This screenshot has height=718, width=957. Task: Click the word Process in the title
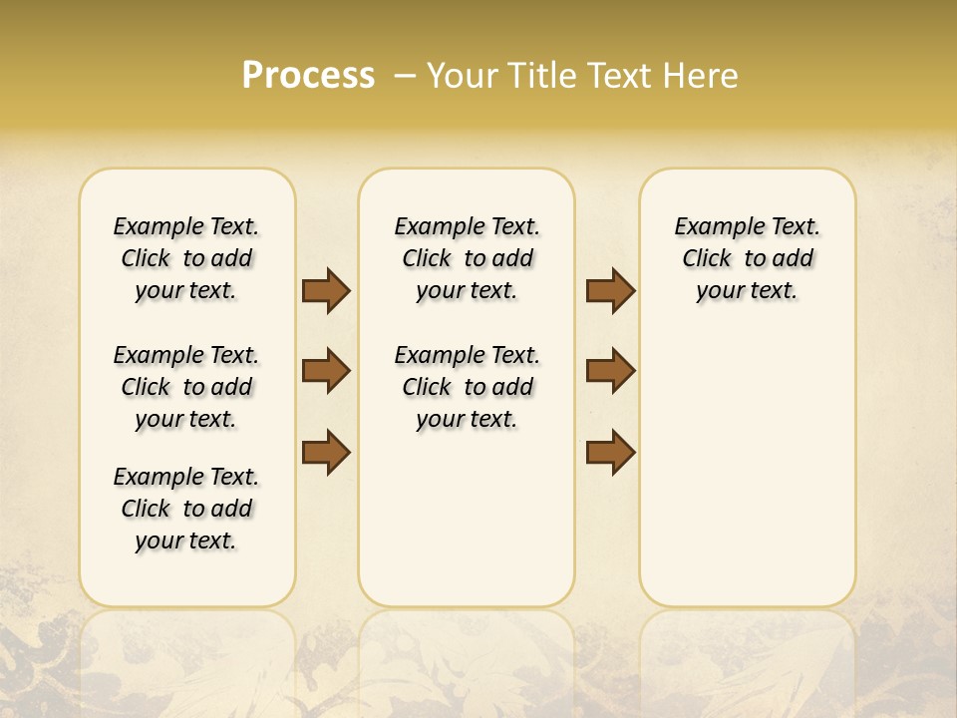click(x=308, y=76)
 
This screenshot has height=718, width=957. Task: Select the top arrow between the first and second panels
click(x=326, y=291)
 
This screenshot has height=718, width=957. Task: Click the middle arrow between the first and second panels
click(x=326, y=372)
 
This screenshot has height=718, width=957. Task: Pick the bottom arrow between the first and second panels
click(x=326, y=453)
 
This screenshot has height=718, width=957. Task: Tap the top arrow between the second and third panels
click(x=610, y=291)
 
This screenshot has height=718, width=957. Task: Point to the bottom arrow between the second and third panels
click(x=610, y=453)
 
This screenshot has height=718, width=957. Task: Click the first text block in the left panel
click(x=186, y=258)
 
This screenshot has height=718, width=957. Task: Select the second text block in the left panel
click(x=186, y=387)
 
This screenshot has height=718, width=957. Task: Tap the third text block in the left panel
click(x=186, y=509)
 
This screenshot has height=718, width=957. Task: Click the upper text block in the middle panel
click(x=467, y=258)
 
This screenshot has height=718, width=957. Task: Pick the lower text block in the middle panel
click(x=467, y=387)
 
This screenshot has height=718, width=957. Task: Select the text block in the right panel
click(x=747, y=258)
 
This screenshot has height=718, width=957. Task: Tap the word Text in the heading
click(x=617, y=76)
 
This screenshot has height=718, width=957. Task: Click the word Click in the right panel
click(x=707, y=259)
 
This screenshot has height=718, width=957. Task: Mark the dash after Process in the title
click(x=405, y=76)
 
